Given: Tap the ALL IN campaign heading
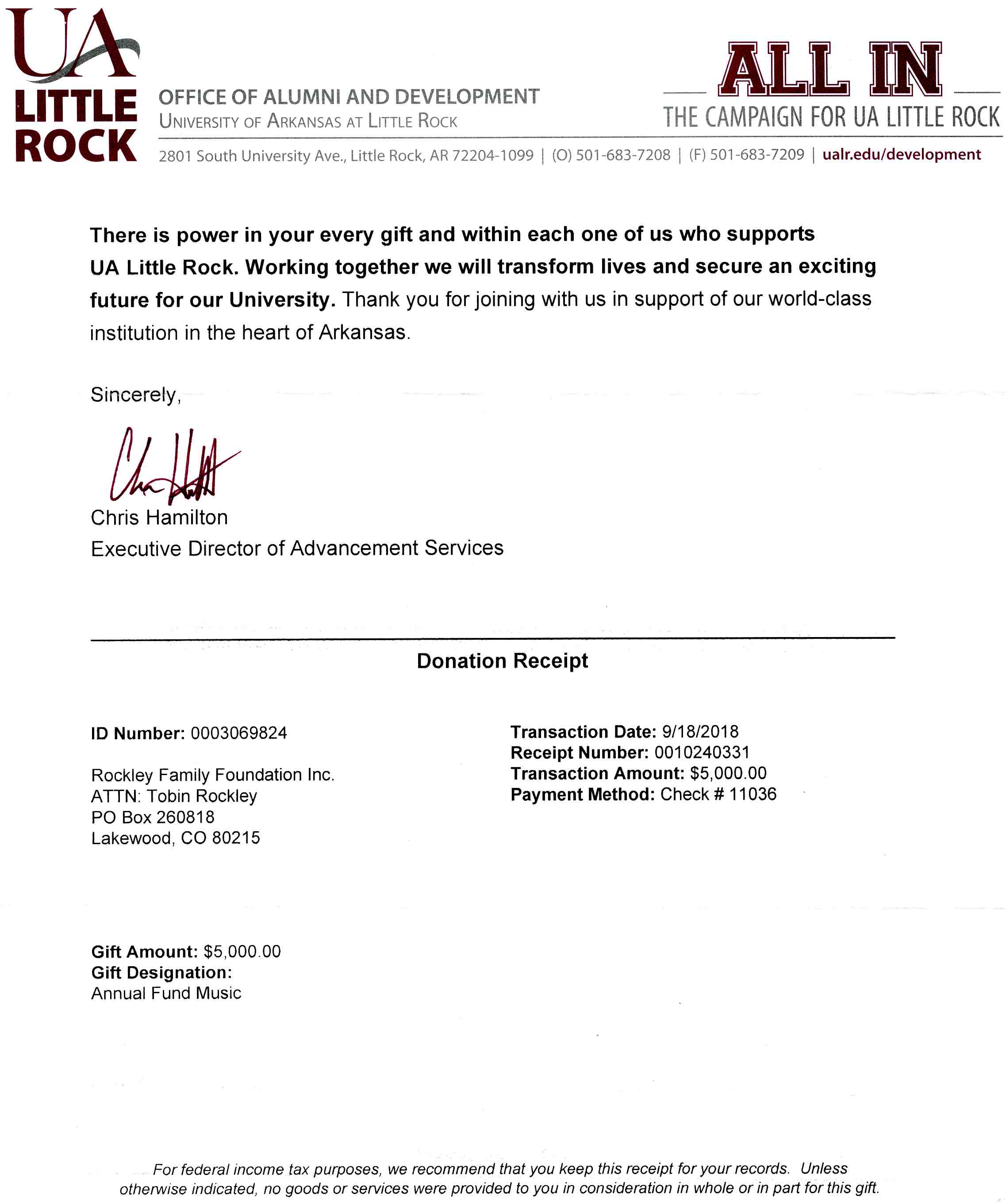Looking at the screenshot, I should (830, 70).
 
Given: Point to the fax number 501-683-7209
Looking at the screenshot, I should (756, 154).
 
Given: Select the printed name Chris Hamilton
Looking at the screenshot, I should (159, 518).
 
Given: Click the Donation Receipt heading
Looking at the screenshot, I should (502, 661).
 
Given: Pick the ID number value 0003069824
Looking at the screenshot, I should (238, 733).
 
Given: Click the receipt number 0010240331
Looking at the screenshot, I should (702, 752).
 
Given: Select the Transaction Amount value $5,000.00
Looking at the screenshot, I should (728, 773).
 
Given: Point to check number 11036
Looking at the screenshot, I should (753, 794).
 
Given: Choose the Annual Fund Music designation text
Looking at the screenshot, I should (166, 993).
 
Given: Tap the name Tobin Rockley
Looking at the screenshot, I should (202, 796).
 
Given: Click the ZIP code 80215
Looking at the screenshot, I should (236, 838).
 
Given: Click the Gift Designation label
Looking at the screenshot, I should (161, 972).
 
